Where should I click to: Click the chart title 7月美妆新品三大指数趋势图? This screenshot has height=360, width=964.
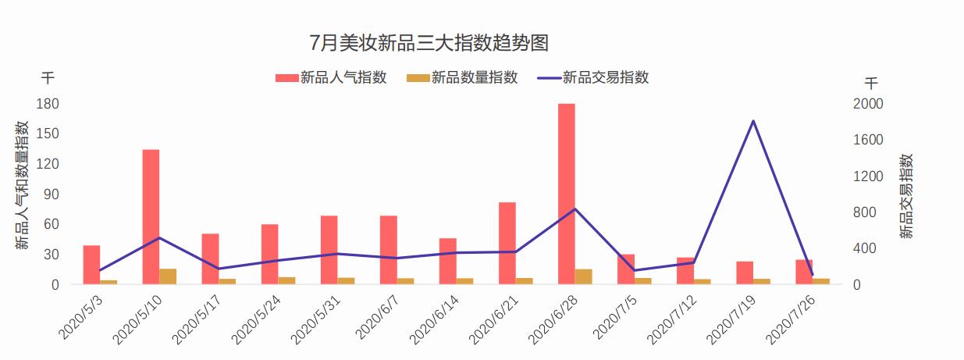[x=429, y=42]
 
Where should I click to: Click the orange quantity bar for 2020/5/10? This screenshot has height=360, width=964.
[x=168, y=276]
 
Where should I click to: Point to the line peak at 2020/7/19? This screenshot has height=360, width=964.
[x=753, y=121]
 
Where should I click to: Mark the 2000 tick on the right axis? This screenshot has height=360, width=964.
[x=868, y=104]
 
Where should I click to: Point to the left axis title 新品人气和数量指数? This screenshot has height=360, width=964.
[x=23, y=185]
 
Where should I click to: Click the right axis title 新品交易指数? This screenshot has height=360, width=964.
[x=905, y=195]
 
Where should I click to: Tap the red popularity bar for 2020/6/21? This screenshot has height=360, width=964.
[x=507, y=243]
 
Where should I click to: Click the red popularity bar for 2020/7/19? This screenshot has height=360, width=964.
[x=745, y=273]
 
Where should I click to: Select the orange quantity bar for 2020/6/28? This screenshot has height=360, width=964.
[x=584, y=276]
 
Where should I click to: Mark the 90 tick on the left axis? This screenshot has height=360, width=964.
[x=52, y=194]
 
